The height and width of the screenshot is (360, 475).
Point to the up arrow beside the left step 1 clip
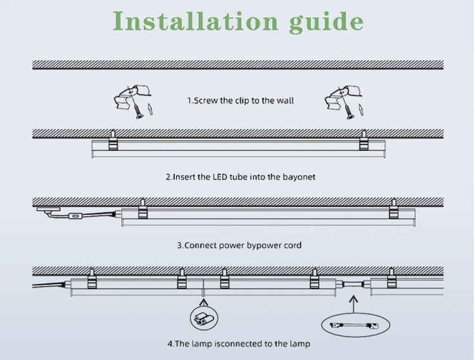[150, 110]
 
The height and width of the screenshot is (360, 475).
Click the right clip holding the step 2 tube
[364, 142]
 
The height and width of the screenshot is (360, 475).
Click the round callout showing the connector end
[202, 317]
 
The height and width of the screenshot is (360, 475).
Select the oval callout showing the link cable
[353, 326]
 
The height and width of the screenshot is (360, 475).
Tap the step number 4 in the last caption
[170, 344]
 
